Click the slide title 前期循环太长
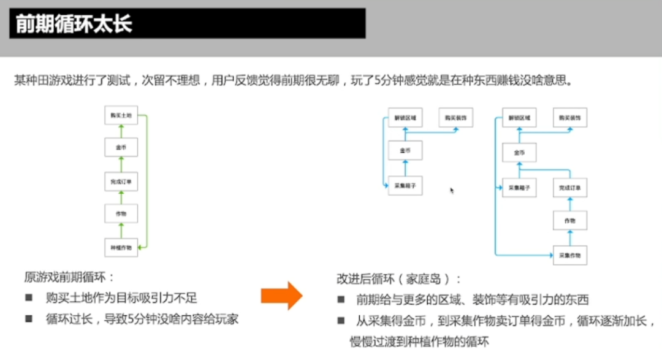[x=74, y=25]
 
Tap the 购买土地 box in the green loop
[x=121, y=115]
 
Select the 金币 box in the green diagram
[x=121, y=148]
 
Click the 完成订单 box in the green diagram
[x=121, y=182]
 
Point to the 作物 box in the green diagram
[x=121, y=214]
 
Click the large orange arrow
[x=281, y=297]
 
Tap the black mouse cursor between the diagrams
[x=452, y=191]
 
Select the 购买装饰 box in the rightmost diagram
[x=570, y=118]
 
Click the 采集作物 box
[x=570, y=254]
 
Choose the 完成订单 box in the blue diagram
[x=570, y=187]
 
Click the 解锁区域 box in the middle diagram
[x=405, y=118]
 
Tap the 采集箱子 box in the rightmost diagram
[x=519, y=187]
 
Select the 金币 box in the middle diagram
[x=405, y=150]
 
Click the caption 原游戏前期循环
[x=69, y=277]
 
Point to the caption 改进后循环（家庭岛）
[x=399, y=279]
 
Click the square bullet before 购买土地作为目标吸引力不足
[x=29, y=299]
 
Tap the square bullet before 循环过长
[x=29, y=319]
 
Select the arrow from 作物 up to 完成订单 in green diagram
[x=121, y=197]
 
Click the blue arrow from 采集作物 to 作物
[x=570, y=237]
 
